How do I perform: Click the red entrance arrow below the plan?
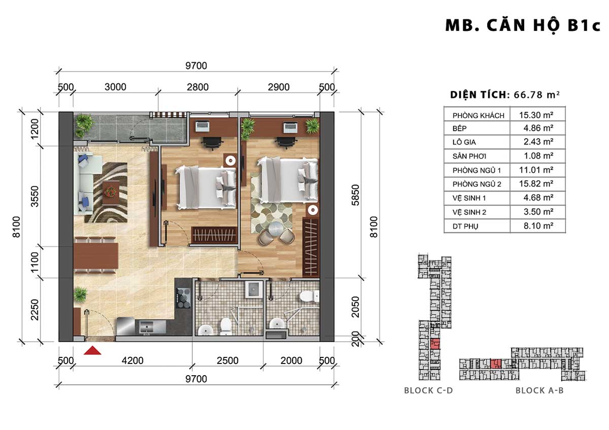pos(92,350)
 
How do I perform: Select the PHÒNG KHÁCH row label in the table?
pos(478,116)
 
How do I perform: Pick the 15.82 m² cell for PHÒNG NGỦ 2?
pos(536,184)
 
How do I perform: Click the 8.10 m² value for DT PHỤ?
pos(538,226)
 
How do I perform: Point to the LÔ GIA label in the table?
pos(464,142)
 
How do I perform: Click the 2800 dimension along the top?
pos(197,87)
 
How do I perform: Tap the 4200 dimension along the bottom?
pos(132,360)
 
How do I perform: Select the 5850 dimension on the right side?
pos(355,195)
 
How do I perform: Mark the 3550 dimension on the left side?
pos(35,196)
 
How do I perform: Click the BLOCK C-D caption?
pos(428,390)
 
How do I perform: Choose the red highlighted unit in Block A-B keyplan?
pos(496,363)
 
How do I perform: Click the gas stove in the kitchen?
pos(183,298)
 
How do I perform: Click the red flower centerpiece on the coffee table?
pos(111,191)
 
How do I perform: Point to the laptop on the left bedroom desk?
pos(202,126)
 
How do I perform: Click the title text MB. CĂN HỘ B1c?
pos(523,25)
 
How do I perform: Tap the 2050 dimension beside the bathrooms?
pos(355,307)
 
